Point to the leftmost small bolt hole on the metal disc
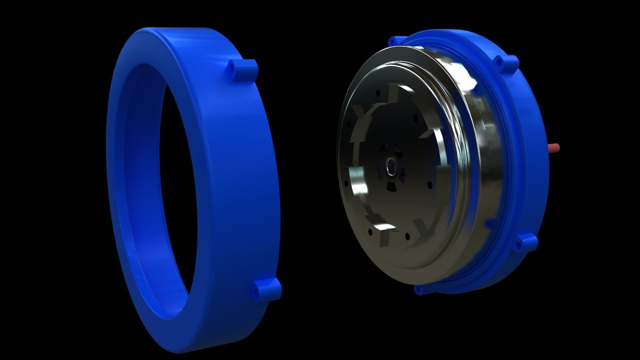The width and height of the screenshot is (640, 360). (x=346, y=183)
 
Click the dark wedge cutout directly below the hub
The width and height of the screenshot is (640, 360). (x=391, y=188)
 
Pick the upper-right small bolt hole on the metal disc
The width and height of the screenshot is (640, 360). (x=415, y=117)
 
